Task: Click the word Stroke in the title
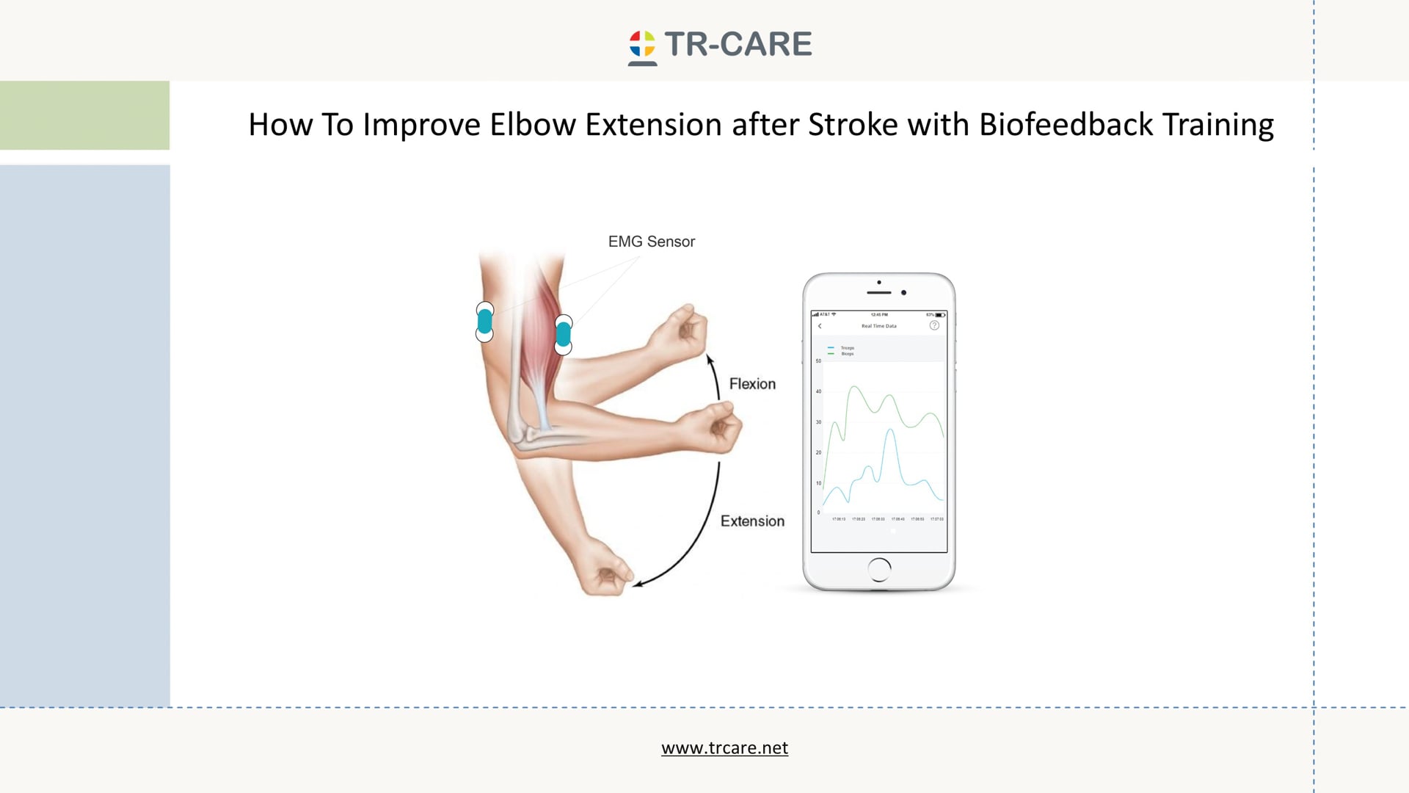click(x=853, y=125)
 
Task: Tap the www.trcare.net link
click(x=724, y=747)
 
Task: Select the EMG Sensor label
click(x=651, y=242)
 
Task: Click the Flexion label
click(x=752, y=384)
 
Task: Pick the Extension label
click(x=752, y=521)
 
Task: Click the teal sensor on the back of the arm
click(x=484, y=322)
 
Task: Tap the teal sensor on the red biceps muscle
click(x=563, y=335)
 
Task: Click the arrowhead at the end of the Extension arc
click(x=638, y=584)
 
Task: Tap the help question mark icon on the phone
click(x=934, y=325)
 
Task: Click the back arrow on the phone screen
click(x=820, y=326)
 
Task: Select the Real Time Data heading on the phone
click(x=878, y=326)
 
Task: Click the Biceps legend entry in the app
click(x=847, y=354)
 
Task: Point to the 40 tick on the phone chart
click(x=819, y=391)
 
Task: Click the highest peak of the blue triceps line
click(x=890, y=430)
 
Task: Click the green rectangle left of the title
click(x=84, y=115)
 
